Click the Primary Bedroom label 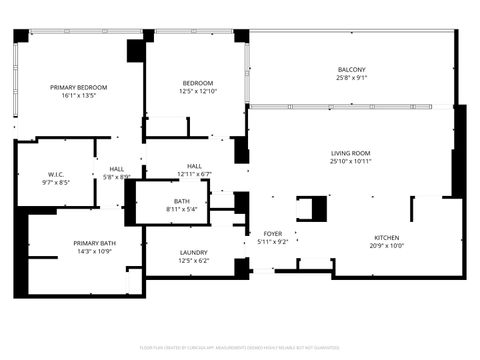78,88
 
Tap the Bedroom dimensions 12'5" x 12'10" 197,92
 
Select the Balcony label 351,69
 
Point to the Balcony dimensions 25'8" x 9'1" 351,78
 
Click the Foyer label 272,233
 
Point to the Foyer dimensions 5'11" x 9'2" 272,242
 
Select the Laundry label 193,252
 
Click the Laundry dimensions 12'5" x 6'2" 193,261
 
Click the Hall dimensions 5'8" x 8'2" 117,177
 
